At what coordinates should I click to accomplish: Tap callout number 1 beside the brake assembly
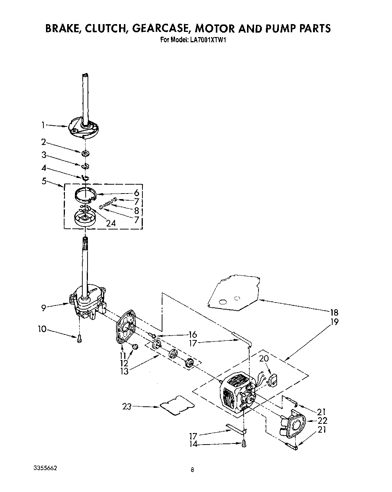(x=43, y=125)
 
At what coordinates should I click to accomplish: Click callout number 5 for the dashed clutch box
(x=44, y=182)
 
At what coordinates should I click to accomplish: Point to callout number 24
(x=111, y=223)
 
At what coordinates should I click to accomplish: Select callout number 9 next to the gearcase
(x=43, y=307)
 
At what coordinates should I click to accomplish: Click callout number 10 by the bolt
(x=42, y=329)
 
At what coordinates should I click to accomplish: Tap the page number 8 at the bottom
(x=192, y=470)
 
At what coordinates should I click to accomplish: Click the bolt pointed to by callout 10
(x=79, y=339)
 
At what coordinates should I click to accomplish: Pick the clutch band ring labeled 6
(x=86, y=194)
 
